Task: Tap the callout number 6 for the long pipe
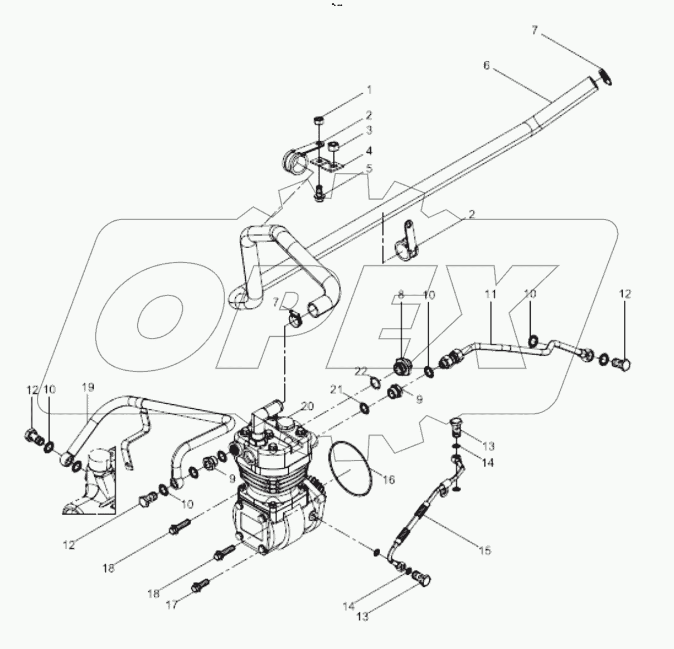pyautogui.click(x=486, y=66)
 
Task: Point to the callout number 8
pyautogui.click(x=400, y=294)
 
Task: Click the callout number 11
pyautogui.click(x=490, y=294)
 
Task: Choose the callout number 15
pyautogui.click(x=484, y=550)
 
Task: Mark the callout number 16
pyautogui.click(x=389, y=480)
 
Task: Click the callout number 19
pyautogui.click(x=88, y=386)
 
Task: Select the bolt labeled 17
pyautogui.click(x=200, y=585)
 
